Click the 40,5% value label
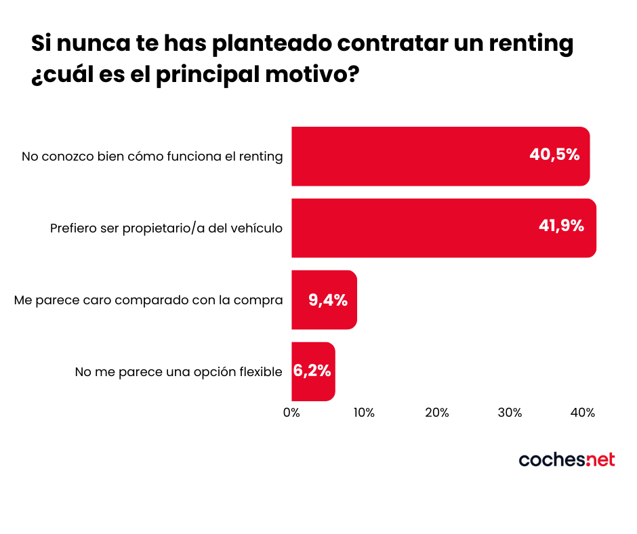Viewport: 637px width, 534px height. coord(554,155)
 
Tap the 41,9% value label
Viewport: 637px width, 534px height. coord(561,226)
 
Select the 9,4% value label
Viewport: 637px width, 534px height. coord(328,300)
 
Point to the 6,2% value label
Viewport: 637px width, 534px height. coord(312,371)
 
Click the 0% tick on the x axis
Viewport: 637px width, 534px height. coord(291,412)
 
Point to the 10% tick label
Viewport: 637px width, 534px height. coord(364,412)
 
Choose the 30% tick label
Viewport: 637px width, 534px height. coord(510,412)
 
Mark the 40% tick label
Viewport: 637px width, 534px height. coord(582,412)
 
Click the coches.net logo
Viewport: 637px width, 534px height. coord(567,459)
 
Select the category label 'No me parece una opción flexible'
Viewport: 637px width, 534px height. coord(178,371)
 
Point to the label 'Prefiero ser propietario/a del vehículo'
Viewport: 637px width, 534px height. coord(166,228)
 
